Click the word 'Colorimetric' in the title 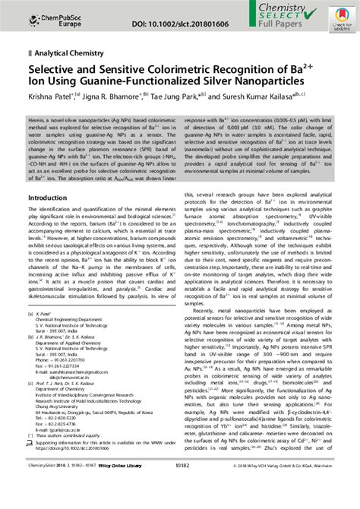click(x=185, y=70)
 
